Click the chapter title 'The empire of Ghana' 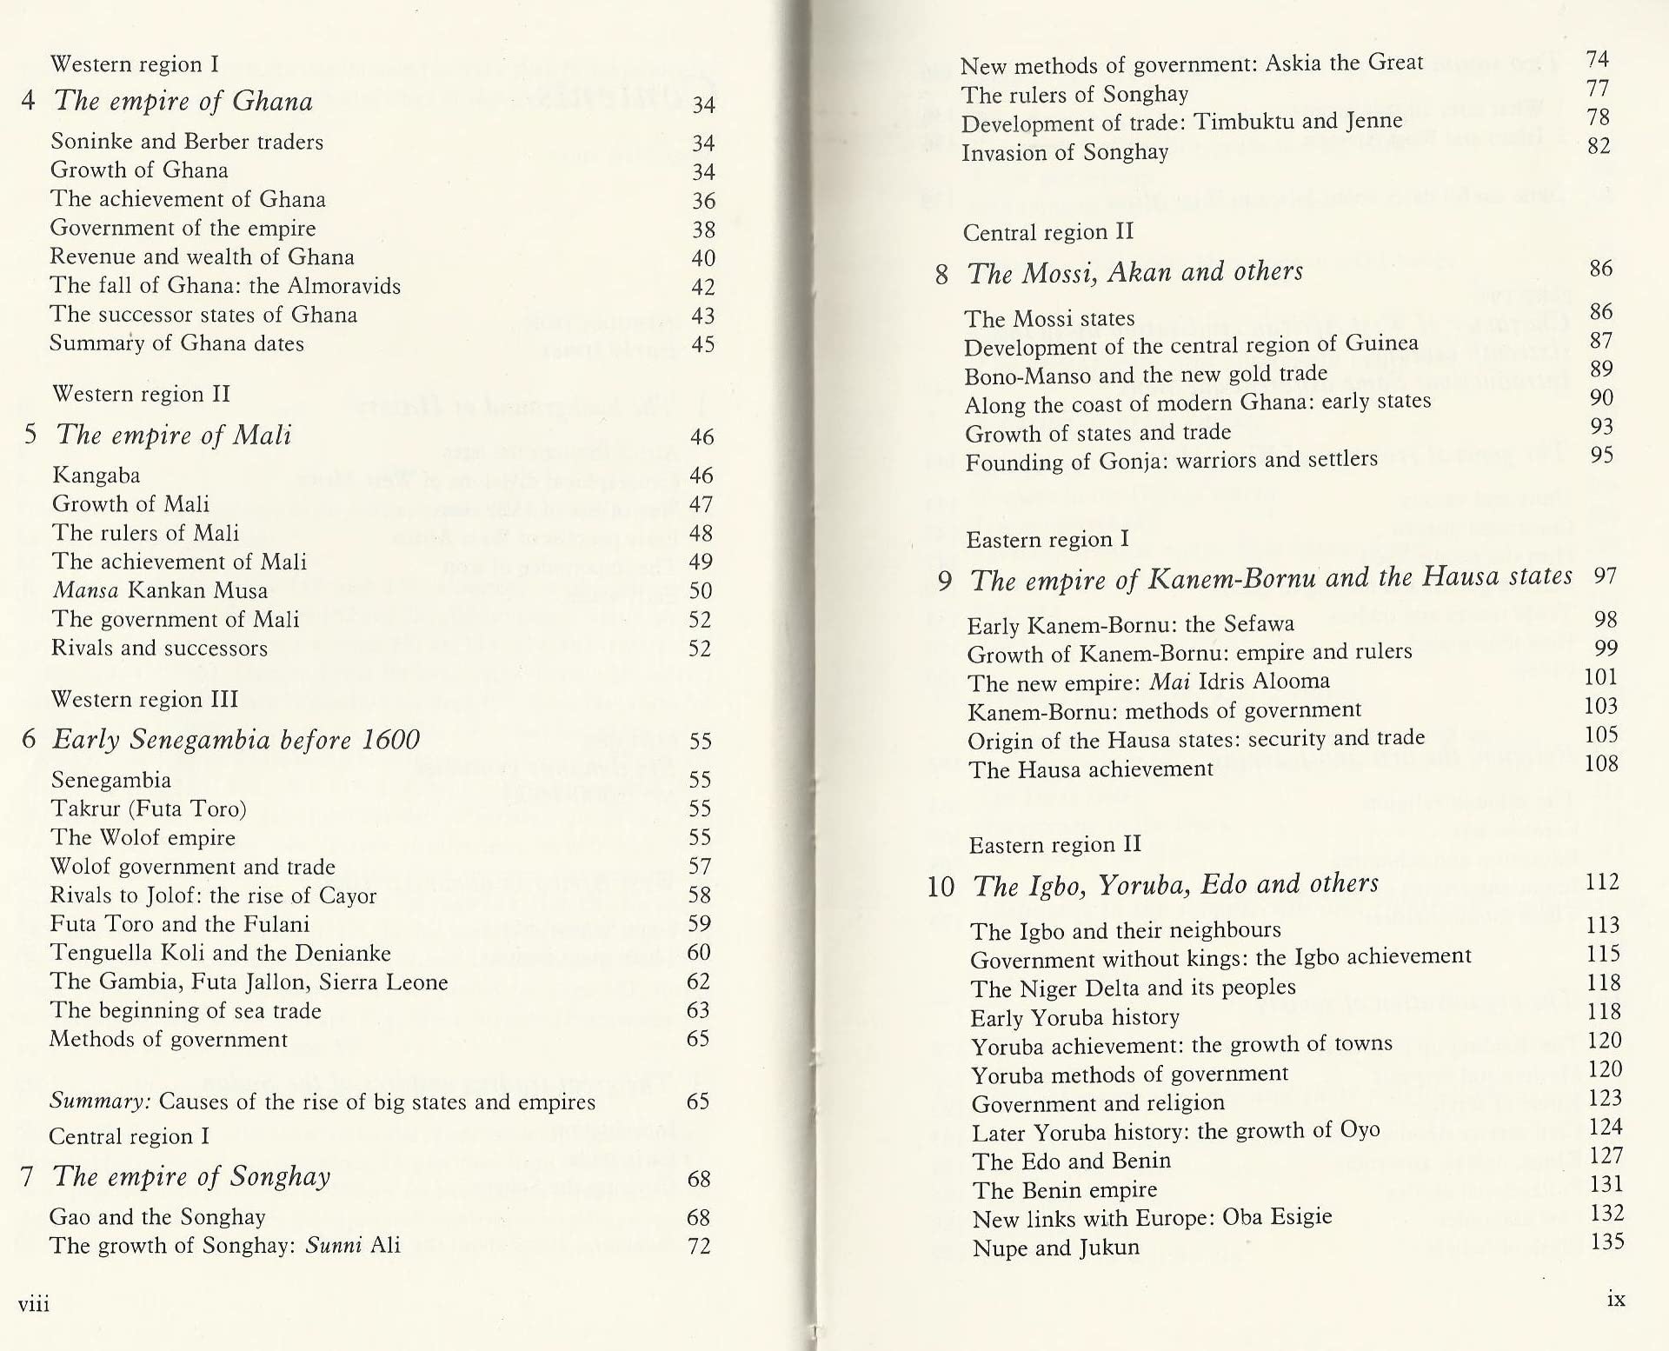pyautogui.click(x=183, y=102)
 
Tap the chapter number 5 pyautogui.click(x=30, y=434)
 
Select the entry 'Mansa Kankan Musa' pyautogui.click(x=160, y=590)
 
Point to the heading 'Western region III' pyautogui.click(x=144, y=699)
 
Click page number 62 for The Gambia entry pyautogui.click(x=698, y=982)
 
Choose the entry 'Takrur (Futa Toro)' pyautogui.click(x=149, y=809)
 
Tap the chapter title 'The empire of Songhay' pyautogui.click(x=191, y=1176)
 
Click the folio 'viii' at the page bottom pyautogui.click(x=33, y=1303)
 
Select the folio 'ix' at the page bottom pyautogui.click(x=1616, y=1300)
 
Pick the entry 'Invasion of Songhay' pyautogui.click(x=1064, y=152)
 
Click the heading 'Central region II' pyautogui.click(x=1047, y=232)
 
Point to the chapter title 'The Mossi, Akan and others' pyautogui.click(x=1135, y=273)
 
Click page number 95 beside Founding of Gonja pyautogui.click(x=1601, y=456)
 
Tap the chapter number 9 pyautogui.click(x=945, y=581)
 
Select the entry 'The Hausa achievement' pyautogui.click(x=1090, y=769)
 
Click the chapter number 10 pyautogui.click(x=940, y=887)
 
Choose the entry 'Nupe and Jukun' pyautogui.click(x=1055, y=1248)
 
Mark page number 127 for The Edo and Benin pyautogui.click(x=1605, y=1155)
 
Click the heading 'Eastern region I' pyautogui.click(x=1047, y=539)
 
